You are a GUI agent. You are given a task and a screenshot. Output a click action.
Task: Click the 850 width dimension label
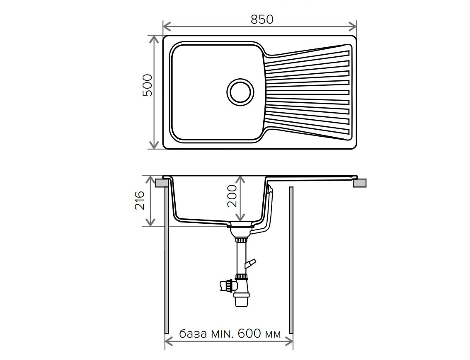262,19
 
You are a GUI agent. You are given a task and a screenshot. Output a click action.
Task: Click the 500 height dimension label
148,85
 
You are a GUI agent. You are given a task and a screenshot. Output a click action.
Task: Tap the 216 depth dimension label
140,200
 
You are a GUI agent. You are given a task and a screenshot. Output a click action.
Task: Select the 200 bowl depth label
232,196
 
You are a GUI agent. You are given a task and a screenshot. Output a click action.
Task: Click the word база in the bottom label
193,333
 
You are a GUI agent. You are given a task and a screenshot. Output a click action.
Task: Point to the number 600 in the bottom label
250,333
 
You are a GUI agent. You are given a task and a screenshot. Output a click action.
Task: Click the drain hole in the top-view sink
240,92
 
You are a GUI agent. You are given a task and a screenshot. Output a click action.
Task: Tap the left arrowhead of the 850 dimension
167,27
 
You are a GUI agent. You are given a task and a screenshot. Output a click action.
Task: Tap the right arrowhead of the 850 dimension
352,27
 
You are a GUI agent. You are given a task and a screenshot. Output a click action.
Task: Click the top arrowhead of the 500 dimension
154,39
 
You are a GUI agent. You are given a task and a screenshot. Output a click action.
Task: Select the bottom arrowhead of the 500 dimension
154,145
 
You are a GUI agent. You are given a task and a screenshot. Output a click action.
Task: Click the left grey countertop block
162,183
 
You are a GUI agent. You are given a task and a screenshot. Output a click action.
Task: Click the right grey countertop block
359,183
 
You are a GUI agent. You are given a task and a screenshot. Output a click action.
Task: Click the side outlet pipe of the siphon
226,285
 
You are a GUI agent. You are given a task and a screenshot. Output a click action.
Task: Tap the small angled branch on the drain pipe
251,263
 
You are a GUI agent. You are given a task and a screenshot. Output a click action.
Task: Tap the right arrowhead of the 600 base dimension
289,341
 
